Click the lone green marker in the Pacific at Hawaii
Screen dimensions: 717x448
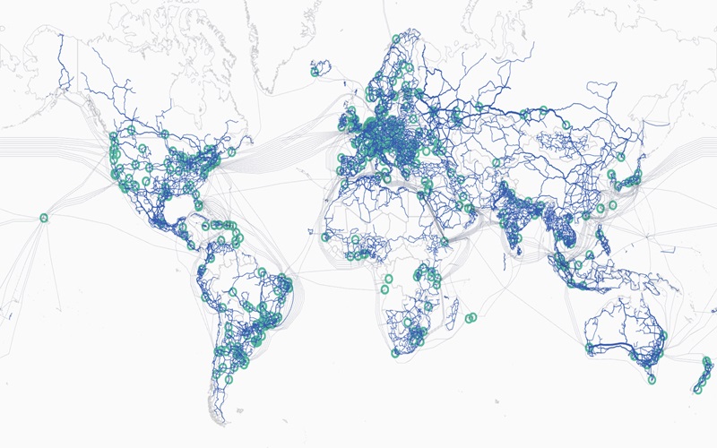[x=43, y=218]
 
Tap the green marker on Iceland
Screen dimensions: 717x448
[x=316, y=68]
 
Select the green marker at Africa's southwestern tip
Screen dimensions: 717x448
[x=395, y=352]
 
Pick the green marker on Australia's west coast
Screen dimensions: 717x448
[x=589, y=347]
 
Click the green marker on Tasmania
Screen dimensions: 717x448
[x=652, y=379]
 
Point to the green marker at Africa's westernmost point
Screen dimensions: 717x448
[x=324, y=237]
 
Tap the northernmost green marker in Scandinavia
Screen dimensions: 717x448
[x=395, y=39]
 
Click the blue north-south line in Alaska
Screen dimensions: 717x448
[x=61, y=63]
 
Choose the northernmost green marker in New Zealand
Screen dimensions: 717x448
[x=708, y=361]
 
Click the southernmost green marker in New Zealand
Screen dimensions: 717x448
[x=695, y=389]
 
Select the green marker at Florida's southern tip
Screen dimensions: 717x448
[x=198, y=205]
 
